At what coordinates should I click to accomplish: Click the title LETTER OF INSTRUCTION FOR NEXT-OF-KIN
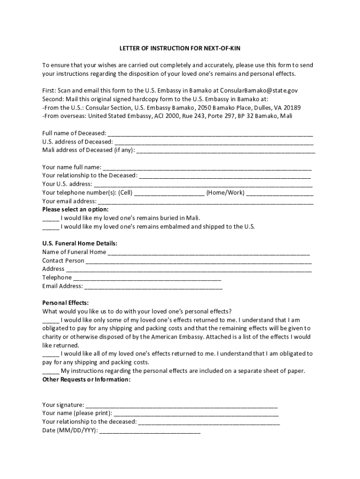pos(180,49)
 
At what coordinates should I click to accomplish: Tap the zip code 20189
pos(291,107)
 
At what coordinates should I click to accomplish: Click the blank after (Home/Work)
pos(280,193)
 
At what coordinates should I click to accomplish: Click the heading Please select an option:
pos(75,209)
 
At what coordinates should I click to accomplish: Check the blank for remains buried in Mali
pos(50,218)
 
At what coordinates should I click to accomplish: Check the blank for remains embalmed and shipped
pos(50,227)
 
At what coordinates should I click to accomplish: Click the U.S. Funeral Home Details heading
pos(80,244)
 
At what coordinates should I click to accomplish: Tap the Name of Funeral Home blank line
pos(209,253)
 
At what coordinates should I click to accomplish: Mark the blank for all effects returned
pos(50,355)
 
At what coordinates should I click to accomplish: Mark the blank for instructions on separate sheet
pos(50,371)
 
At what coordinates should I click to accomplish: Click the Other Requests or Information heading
pos(86,379)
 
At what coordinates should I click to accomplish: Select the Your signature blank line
pos(182,406)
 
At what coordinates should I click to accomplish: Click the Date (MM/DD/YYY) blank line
pos(150,431)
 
